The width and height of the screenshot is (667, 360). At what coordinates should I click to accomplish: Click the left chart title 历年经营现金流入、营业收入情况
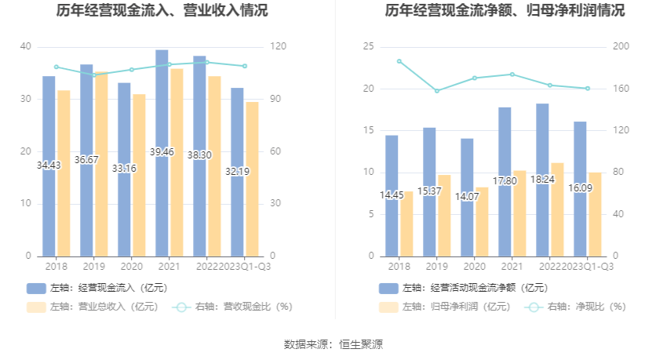[162, 11]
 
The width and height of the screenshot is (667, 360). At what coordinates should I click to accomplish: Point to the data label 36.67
[87, 160]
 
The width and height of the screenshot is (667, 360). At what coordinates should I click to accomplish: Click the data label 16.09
[581, 187]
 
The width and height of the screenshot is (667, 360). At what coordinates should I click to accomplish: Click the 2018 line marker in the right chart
[399, 61]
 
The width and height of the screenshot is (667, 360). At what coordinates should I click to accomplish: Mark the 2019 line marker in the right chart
[437, 91]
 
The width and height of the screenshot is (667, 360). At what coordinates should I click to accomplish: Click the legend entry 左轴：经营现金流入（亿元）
[97, 288]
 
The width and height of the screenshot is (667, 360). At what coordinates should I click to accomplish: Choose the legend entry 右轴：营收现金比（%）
[233, 307]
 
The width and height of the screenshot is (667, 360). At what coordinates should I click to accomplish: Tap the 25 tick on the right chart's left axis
[368, 47]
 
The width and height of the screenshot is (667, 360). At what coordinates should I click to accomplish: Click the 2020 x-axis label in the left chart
[131, 267]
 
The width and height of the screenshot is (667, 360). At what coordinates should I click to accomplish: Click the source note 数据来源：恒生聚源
[333, 344]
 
